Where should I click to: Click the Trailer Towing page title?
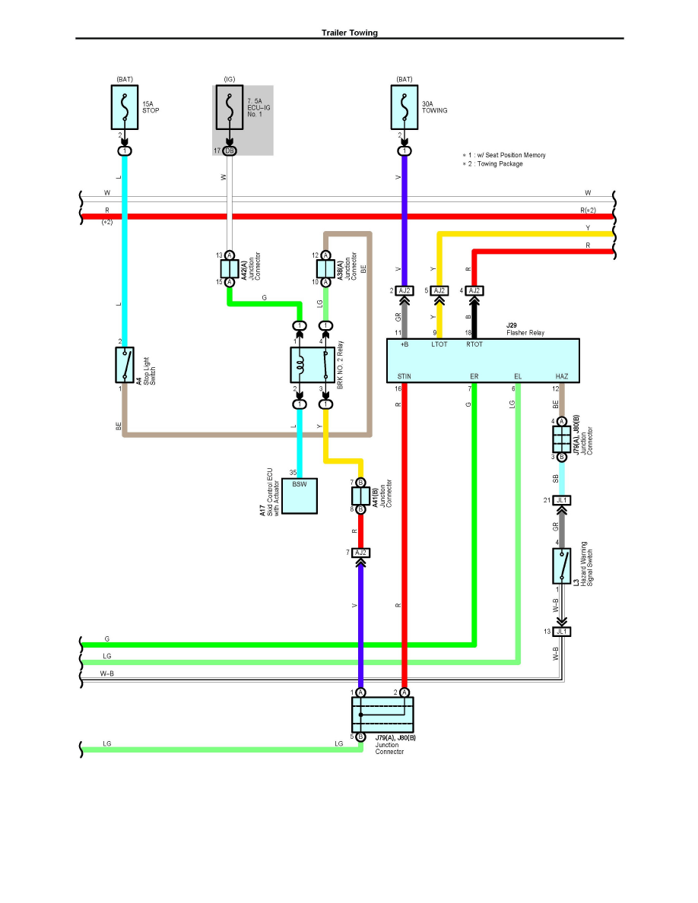350,33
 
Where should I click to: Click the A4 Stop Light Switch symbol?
124,365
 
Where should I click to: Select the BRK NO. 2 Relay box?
313,365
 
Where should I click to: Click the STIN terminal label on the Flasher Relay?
405,376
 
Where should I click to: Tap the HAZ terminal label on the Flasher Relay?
562,376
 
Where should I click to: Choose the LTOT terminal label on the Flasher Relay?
439,344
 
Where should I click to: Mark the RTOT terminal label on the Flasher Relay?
474,344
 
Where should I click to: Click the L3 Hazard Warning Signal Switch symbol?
562,566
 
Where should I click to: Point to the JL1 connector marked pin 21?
562,500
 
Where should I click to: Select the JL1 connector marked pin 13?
562,632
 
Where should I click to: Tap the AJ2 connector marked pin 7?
360,553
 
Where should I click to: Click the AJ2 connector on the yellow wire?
439,290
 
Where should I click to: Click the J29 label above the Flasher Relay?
512,325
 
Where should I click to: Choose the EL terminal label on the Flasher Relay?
518,376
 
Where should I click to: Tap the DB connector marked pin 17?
229,151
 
